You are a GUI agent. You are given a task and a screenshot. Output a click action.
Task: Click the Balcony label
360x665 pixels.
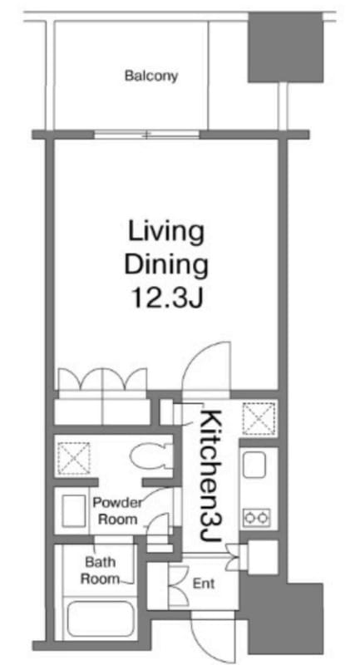[x=151, y=76]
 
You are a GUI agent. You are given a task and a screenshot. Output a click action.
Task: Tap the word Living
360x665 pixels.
[x=165, y=233]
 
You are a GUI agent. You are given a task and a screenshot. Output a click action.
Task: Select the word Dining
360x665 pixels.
[x=165, y=265]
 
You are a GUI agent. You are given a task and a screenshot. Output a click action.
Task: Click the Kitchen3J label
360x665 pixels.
[x=210, y=475]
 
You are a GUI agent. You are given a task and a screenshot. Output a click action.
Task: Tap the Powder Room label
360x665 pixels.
[x=116, y=510]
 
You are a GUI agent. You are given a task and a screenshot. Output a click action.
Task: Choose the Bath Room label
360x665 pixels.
[x=100, y=570]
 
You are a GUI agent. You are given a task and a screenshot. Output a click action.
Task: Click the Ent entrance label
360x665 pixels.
[x=204, y=584]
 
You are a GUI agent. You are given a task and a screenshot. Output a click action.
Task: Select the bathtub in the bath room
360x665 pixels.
[x=101, y=618]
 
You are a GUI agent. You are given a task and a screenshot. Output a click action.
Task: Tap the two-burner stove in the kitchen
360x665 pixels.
[x=257, y=517]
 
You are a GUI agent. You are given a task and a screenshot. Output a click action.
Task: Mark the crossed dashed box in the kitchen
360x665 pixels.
[x=259, y=419]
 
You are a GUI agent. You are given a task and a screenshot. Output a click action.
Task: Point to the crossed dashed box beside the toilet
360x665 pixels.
[x=74, y=459]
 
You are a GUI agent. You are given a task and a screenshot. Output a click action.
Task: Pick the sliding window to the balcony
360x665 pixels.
[x=146, y=135]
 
